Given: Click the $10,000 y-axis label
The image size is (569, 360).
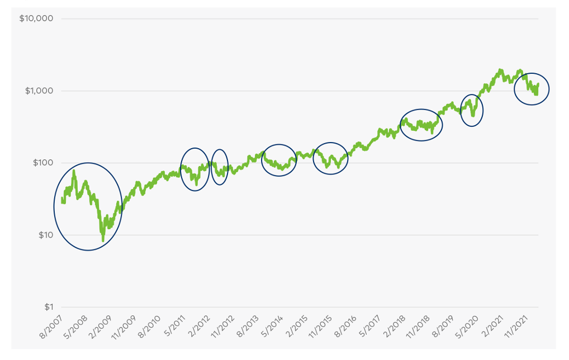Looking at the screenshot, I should [x=36, y=18].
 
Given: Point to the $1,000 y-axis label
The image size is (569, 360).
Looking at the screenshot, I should [x=39, y=91].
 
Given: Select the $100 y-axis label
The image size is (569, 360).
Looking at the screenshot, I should [x=41, y=163].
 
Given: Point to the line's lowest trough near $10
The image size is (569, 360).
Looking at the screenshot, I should [x=103, y=240].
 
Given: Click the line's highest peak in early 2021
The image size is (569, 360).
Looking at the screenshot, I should [x=500, y=70].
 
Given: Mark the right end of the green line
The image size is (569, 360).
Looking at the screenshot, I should [x=538, y=84].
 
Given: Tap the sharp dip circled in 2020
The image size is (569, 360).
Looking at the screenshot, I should [x=473, y=115].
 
